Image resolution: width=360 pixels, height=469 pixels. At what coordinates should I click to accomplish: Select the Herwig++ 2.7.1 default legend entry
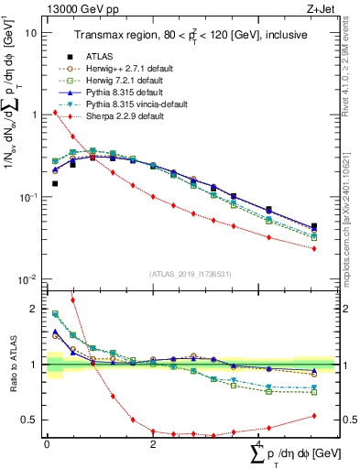pos(124,68)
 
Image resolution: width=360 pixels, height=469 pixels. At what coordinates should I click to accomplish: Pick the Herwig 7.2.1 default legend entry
pos(122,80)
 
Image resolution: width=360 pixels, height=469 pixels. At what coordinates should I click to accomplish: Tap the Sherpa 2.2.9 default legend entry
pos(122,115)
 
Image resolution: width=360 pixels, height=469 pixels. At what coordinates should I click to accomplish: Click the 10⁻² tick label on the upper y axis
pos(27,279)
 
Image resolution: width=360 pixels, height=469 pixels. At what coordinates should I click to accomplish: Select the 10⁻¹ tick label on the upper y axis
pos(27,197)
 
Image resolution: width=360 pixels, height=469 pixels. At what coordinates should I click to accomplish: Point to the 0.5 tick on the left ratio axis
pos(29,420)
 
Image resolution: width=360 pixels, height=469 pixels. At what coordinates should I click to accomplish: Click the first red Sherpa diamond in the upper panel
pos(55,113)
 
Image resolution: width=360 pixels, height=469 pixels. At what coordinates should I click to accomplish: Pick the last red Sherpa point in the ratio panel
pos(314,415)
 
